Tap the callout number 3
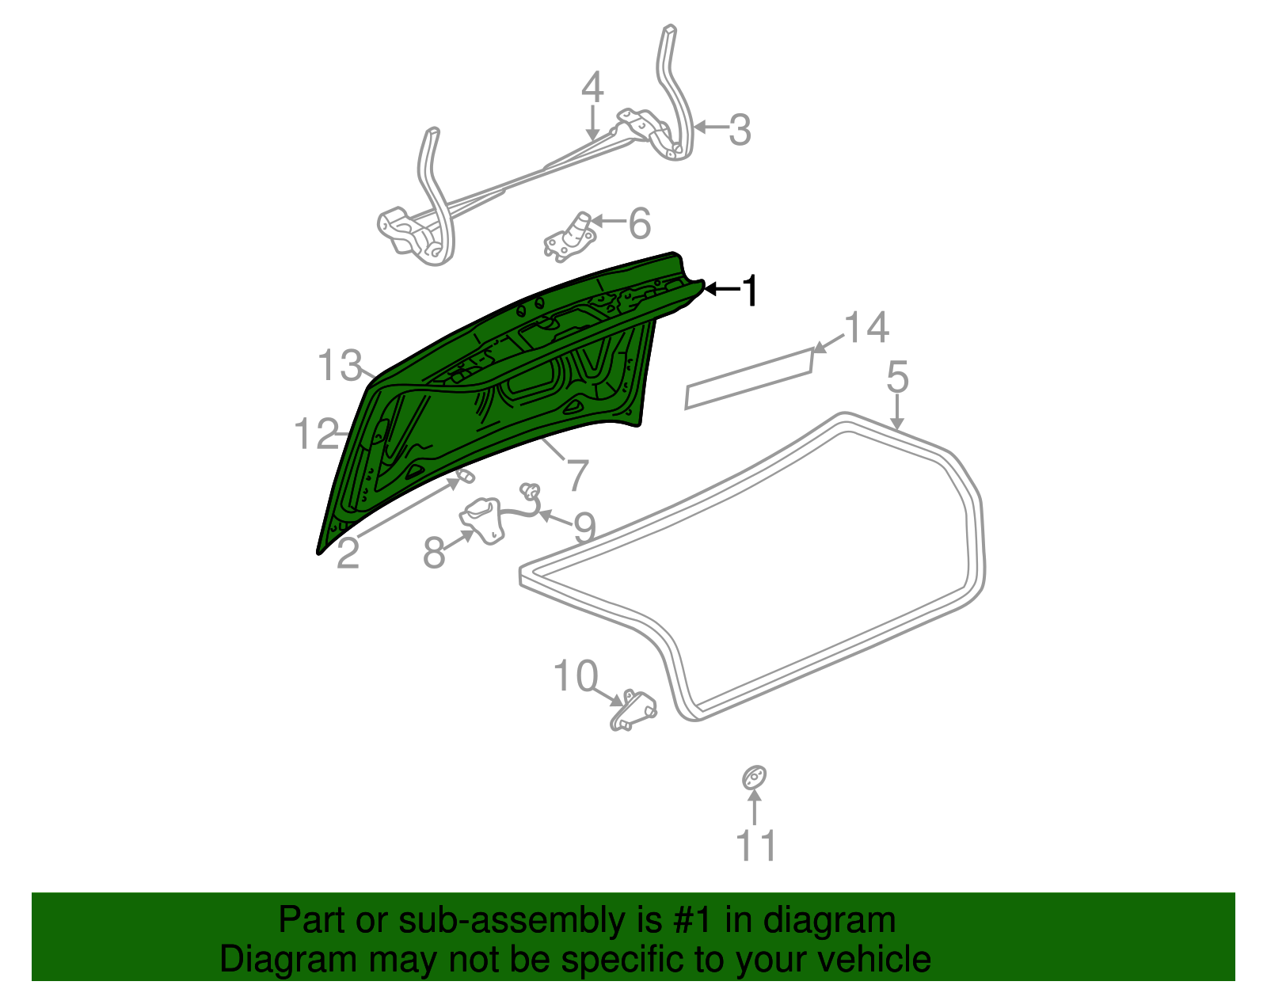pyautogui.click(x=740, y=129)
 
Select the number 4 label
pyautogui.click(x=592, y=87)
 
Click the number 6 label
pyautogui.click(x=640, y=223)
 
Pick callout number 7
pyautogui.click(x=577, y=475)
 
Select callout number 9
pyautogui.click(x=585, y=527)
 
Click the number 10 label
pyautogui.click(x=576, y=675)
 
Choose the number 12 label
pyautogui.click(x=316, y=434)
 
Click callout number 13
pyautogui.click(x=340, y=365)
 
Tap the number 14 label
pyautogui.click(x=866, y=327)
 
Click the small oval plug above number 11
pyautogui.click(x=754, y=778)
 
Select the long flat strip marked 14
pyautogui.click(x=748, y=378)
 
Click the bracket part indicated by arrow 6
pyautogui.click(x=569, y=236)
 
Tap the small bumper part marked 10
pyautogui.click(x=633, y=709)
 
